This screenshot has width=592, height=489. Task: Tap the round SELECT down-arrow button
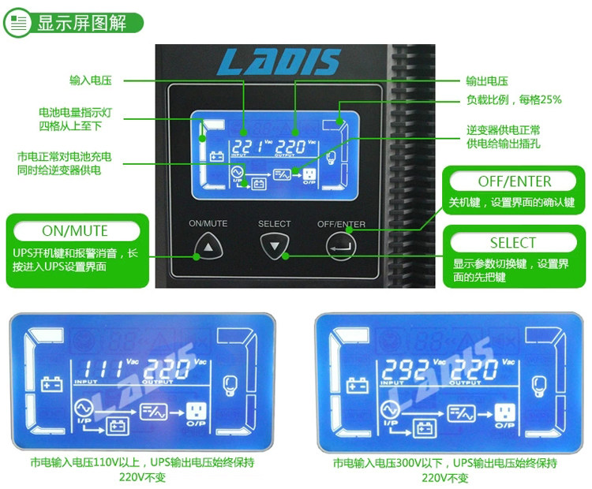(x=275, y=248)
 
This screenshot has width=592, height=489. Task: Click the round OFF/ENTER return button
(x=341, y=248)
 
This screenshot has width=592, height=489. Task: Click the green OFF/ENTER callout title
(x=514, y=181)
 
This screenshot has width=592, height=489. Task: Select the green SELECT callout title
(x=512, y=242)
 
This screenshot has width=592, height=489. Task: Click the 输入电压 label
(x=90, y=80)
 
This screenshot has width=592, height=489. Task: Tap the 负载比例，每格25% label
(x=514, y=99)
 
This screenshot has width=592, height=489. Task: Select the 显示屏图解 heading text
(x=82, y=23)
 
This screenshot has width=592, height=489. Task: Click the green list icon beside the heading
(x=17, y=23)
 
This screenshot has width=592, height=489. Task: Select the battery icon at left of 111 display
(x=52, y=386)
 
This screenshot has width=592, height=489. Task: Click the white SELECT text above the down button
(x=275, y=224)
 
